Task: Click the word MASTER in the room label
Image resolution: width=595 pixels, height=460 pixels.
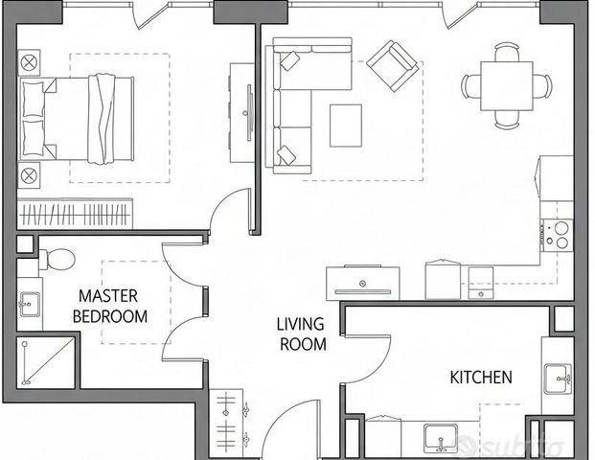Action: click(x=108, y=296)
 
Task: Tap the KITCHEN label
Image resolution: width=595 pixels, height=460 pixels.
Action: click(x=481, y=378)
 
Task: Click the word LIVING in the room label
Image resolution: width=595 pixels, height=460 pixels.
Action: click(x=300, y=324)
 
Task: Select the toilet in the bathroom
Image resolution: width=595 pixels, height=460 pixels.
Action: click(x=57, y=259)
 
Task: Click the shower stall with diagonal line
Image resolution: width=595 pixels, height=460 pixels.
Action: click(x=46, y=362)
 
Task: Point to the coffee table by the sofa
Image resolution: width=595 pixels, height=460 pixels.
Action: click(x=346, y=126)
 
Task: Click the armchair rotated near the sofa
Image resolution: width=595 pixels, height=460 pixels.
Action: click(x=393, y=66)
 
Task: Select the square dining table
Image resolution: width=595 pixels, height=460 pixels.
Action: click(x=507, y=86)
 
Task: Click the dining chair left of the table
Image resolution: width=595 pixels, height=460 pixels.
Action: click(x=470, y=86)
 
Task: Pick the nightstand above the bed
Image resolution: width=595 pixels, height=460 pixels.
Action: click(x=29, y=62)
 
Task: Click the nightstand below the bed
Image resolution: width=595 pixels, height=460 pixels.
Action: click(x=29, y=175)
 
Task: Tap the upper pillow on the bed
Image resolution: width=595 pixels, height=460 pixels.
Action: click(x=34, y=99)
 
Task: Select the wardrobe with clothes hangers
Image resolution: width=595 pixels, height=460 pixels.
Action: click(x=75, y=214)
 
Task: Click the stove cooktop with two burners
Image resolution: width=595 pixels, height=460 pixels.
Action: click(x=557, y=236)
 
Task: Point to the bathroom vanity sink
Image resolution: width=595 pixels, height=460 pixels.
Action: click(x=29, y=304)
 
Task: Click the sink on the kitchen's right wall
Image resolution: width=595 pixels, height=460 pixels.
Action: click(x=558, y=379)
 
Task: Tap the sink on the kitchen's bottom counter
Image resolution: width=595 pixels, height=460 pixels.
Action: click(x=441, y=438)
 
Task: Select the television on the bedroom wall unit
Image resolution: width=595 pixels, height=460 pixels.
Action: click(x=249, y=113)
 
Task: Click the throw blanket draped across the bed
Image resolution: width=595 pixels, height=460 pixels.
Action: click(x=102, y=119)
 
